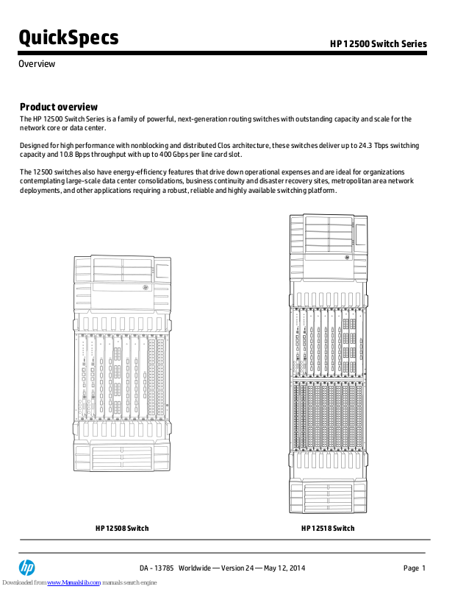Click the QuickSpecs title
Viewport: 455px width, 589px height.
68,37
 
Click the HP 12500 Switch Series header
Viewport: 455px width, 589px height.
378,44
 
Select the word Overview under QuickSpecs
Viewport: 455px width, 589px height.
37,64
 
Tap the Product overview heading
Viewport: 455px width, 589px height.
58,107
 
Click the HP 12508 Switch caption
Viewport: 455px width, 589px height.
122,529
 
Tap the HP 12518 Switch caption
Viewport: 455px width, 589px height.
328,529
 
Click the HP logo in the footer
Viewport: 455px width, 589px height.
27,568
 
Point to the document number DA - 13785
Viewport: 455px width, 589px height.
157,568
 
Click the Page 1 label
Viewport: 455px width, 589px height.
415,568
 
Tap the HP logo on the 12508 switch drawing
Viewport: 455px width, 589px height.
146,289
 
